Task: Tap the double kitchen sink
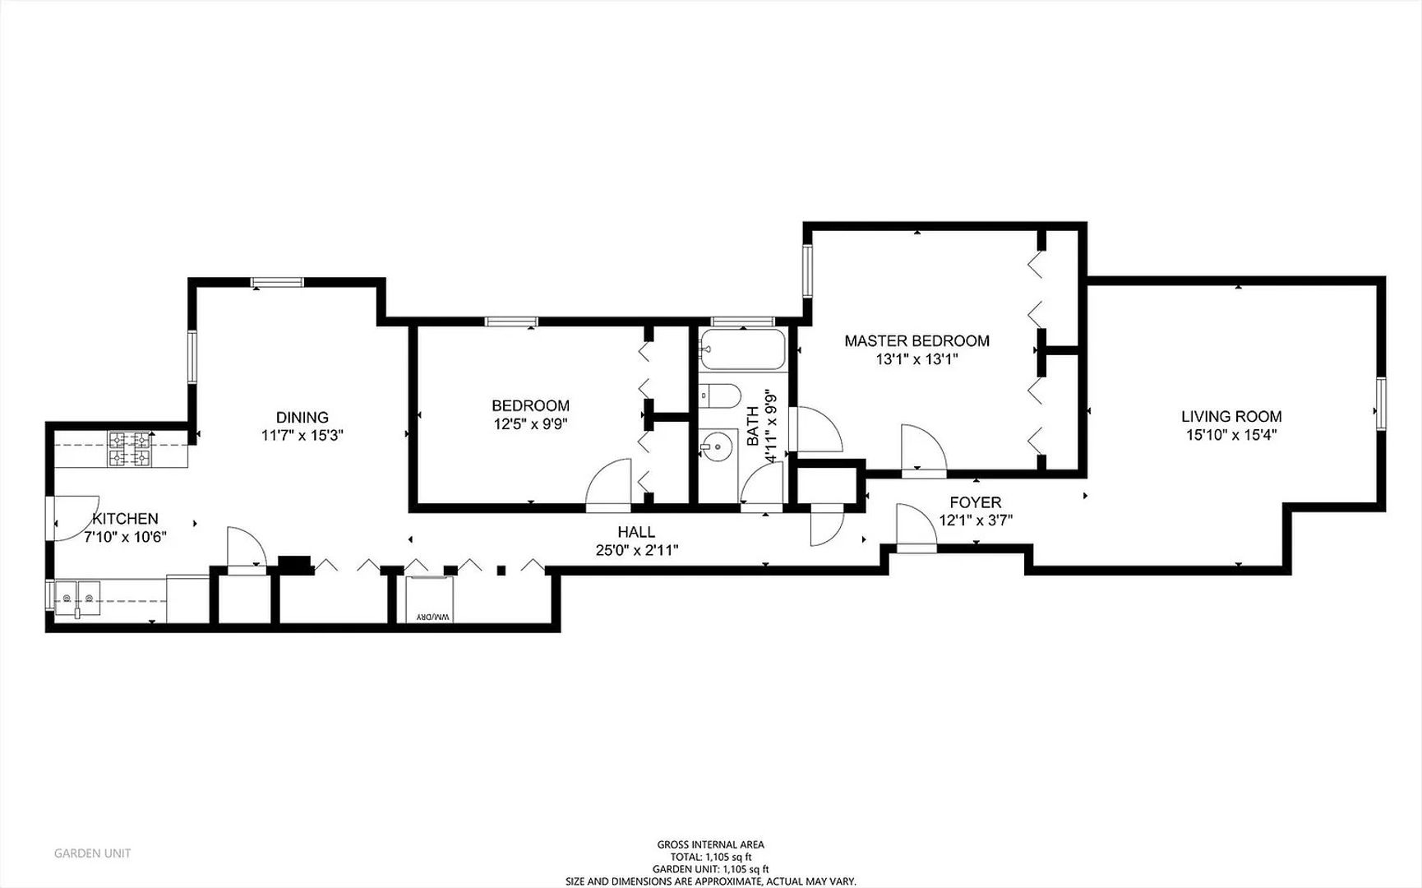point(76,599)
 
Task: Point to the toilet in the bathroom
point(720,395)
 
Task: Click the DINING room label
point(302,417)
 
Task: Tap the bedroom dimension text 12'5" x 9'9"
point(530,424)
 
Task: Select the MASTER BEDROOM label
point(916,340)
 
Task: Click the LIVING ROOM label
point(1231,417)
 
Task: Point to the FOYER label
point(976,502)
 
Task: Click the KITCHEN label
point(125,519)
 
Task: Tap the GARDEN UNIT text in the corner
point(92,853)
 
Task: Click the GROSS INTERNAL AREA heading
point(710,844)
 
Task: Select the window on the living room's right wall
point(1381,403)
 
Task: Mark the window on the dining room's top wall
point(277,282)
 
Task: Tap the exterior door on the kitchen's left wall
point(74,518)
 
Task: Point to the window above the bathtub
point(743,321)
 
